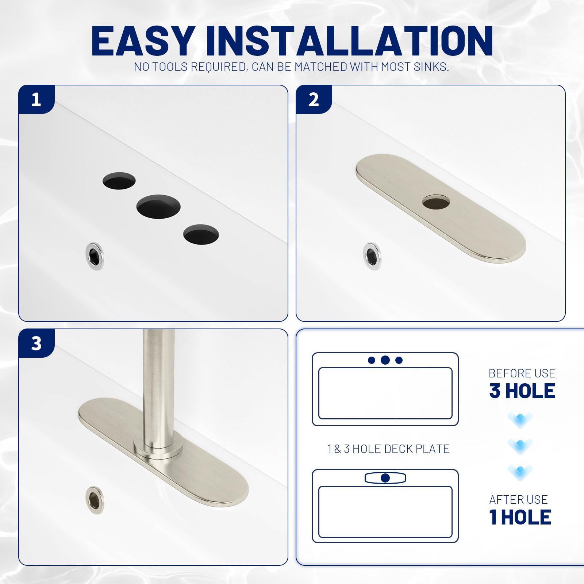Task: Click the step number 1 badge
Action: (x=36, y=100)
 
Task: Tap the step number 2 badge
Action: (x=314, y=100)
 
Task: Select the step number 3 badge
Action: (x=36, y=343)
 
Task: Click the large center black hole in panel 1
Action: (x=158, y=207)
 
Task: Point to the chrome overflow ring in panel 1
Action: (x=95, y=256)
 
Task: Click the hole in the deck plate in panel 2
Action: (x=436, y=202)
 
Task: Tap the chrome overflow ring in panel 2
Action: (x=372, y=256)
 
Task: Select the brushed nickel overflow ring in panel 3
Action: (x=95, y=499)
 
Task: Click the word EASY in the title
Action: (x=142, y=41)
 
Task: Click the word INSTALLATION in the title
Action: (x=349, y=41)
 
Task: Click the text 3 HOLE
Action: (x=522, y=391)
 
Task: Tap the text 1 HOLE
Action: (x=520, y=517)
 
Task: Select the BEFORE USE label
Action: (x=522, y=373)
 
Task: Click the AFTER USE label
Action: (x=518, y=499)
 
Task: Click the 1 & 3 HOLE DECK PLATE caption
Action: (x=388, y=449)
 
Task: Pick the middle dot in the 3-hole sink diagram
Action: (x=385, y=360)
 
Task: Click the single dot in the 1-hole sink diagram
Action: (x=385, y=478)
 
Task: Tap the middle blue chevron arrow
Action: (x=520, y=446)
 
